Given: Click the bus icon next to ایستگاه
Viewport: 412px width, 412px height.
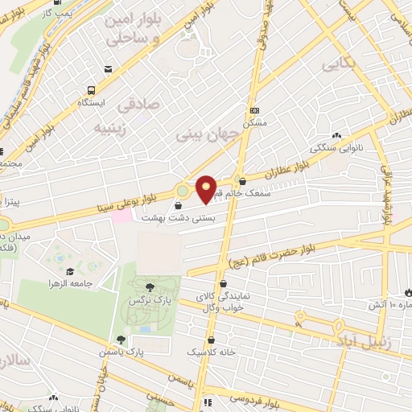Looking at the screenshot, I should (x=92, y=89).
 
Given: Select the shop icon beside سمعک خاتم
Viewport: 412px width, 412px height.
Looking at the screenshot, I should (x=242, y=181).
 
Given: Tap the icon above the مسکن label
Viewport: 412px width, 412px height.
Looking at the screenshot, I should (x=255, y=111).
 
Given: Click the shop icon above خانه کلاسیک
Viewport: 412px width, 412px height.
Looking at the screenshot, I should (x=210, y=340).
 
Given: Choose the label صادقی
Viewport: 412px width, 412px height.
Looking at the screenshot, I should (x=138, y=105).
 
